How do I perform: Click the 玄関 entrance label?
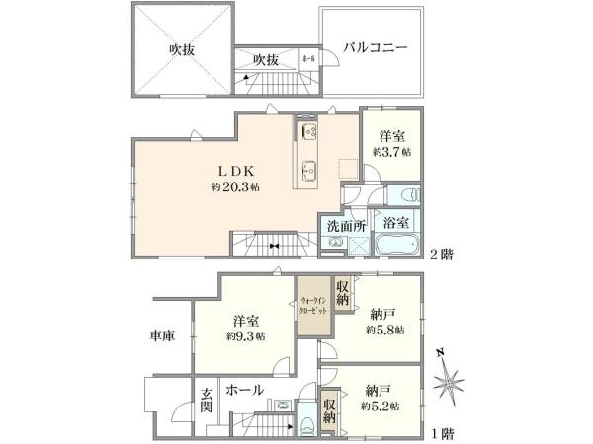click(207, 402)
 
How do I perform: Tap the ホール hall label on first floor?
click(245, 390)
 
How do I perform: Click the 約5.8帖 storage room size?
click(383, 331)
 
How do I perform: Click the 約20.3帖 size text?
click(235, 186)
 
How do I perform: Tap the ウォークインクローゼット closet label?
click(315, 299)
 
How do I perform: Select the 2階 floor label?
click(441, 254)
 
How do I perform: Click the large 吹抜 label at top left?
click(181, 48)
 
